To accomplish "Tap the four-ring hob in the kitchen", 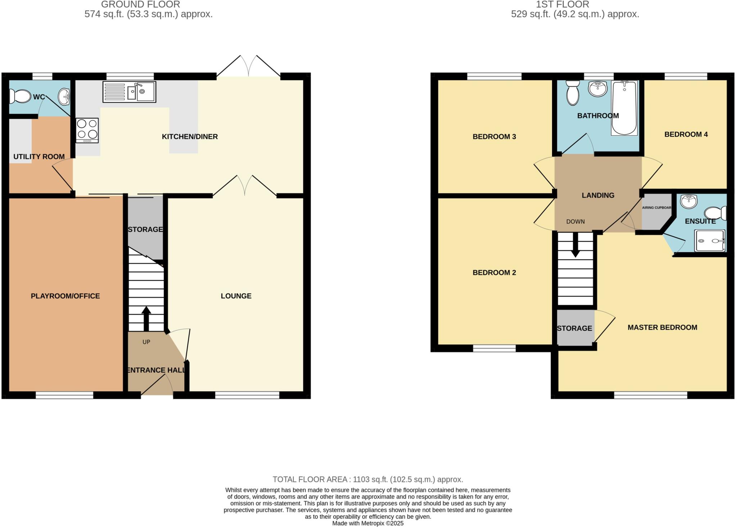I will pyautogui.click(x=87, y=130).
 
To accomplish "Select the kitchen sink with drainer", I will pyautogui.click(x=129, y=92).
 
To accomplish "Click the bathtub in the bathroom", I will pyautogui.click(x=624, y=108).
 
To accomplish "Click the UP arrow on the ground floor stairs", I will pyautogui.click(x=146, y=318).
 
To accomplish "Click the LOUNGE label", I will pyautogui.click(x=236, y=296).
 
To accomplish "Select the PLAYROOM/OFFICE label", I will pyautogui.click(x=65, y=296).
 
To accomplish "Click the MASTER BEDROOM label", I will pyautogui.click(x=662, y=327).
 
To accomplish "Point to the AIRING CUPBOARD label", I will pyautogui.click(x=656, y=208).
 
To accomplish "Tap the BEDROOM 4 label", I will pyautogui.click(x=686, y=134).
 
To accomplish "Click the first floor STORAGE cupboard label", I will pyautogui.click(x=574, y=328).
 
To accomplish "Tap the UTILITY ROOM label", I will pyautogui.click(x=39, y=157).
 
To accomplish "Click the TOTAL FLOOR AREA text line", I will pyautogui.click(x=368, y=479).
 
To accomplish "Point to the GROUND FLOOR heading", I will pyautogui.click(x=140, y=4).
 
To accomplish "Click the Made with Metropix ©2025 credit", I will pyautogui.click(x=368, y=523).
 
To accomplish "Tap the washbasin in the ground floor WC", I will pyautogui.click(x=64, y=96).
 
